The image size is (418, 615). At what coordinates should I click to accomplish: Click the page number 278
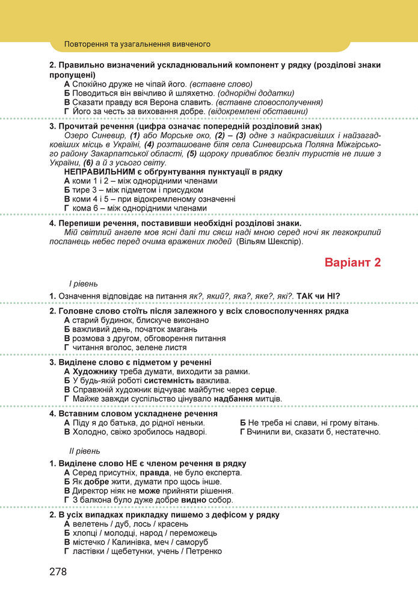(58, 571)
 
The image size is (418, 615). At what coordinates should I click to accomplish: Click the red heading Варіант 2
(353, 262)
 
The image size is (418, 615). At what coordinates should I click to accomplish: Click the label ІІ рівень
(85, 451)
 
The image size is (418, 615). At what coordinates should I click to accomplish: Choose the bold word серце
(263, 390)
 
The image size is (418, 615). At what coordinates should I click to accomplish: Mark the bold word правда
(154, 473)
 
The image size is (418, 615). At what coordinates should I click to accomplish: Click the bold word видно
(192, 500)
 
